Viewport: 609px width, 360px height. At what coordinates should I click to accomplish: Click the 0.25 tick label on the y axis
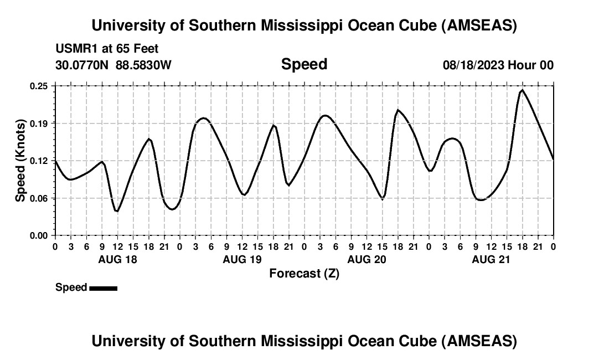[39, 86]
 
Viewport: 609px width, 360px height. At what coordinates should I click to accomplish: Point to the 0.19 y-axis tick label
[39, 123]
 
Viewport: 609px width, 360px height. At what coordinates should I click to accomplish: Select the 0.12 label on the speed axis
[39, 161]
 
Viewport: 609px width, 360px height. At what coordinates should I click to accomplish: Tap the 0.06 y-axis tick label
[39, 198]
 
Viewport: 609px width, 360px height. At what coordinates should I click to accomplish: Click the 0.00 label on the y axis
[39, 235]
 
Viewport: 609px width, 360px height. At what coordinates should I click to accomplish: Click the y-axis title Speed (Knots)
[20, 161]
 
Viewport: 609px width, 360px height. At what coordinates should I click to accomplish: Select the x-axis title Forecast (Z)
[304, 273]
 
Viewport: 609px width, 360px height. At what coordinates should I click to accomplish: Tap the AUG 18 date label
[117, 259]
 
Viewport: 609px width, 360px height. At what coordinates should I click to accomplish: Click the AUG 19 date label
[242, 259]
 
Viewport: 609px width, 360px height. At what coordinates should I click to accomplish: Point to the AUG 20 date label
[367, 259]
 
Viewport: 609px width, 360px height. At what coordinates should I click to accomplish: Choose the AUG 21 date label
[491, 259]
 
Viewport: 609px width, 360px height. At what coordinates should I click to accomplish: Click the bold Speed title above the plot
[304, 64]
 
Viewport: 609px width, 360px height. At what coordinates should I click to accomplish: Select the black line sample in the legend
[103, 288]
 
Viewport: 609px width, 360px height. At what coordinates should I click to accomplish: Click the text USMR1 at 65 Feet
[107, 49]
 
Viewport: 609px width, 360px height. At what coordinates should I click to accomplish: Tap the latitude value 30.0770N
[83, 65]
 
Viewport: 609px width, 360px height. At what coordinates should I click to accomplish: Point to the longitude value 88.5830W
[143, 65]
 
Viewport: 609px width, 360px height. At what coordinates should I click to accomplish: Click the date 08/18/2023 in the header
[473, 65]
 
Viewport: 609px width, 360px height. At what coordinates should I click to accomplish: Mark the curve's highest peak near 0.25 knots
[522, 90]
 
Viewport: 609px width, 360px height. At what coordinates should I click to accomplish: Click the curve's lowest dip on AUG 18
[117, 211]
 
